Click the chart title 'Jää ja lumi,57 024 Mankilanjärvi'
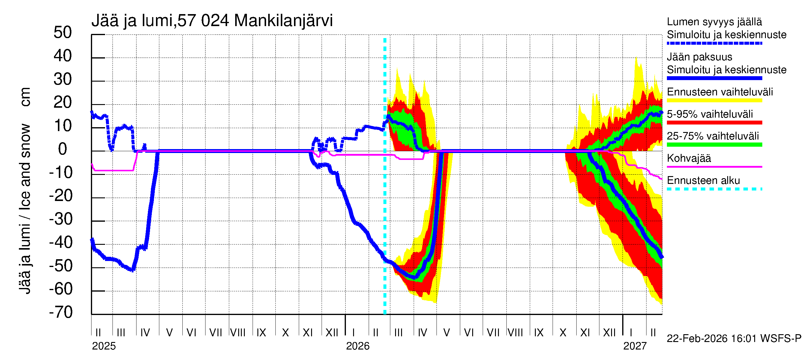pos(212,21)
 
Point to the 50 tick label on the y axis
pos(63,33)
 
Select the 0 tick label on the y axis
pos(63,149)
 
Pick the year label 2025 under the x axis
pos(104,346)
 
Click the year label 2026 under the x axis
pos(358,346)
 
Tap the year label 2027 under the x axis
pos(635,346)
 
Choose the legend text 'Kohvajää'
pos(688,158)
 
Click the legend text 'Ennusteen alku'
pos(703,181)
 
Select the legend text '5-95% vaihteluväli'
pos(710,114)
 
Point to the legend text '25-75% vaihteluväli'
pos(713,136)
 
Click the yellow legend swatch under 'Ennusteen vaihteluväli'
pos(714,100)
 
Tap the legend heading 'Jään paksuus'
pos(699,57)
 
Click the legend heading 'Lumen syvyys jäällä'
pos(714,22)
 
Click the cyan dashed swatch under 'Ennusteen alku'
pos(714,189)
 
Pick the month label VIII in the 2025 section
pos(238,333)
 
